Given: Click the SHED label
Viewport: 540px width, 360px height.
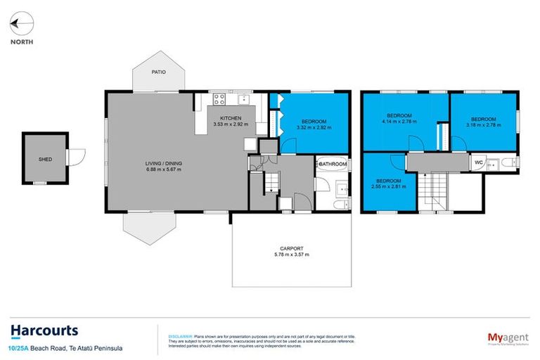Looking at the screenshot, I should (x=45, y=160).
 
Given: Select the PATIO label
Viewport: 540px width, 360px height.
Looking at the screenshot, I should (x=160, y=72).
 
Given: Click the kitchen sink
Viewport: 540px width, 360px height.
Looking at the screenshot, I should (x=243, y=98).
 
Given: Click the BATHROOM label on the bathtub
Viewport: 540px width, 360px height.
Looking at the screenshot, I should (x=332, y=164).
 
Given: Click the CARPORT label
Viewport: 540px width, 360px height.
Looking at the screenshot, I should (x=290, y=248).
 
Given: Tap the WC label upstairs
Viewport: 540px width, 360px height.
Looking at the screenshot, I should (x=479, y=162).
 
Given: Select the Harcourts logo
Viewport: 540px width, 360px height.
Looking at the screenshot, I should (x=44, y=330).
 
